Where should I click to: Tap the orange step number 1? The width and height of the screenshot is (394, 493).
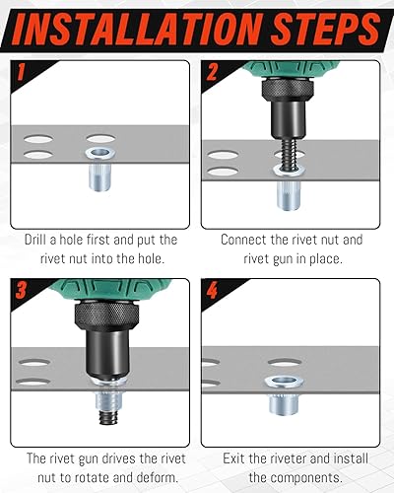point(21,72)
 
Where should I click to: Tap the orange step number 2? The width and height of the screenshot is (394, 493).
point(212,72)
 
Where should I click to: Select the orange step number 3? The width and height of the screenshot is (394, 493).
point(21,290)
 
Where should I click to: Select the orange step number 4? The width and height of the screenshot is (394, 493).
point(212,290)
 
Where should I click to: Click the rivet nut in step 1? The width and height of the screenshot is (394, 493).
point(99,169)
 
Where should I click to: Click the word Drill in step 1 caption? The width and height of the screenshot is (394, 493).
point(35,240)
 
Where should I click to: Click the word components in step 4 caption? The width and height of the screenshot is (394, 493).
point(308,477)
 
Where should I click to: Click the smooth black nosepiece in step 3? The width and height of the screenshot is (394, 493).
point(107,353)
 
